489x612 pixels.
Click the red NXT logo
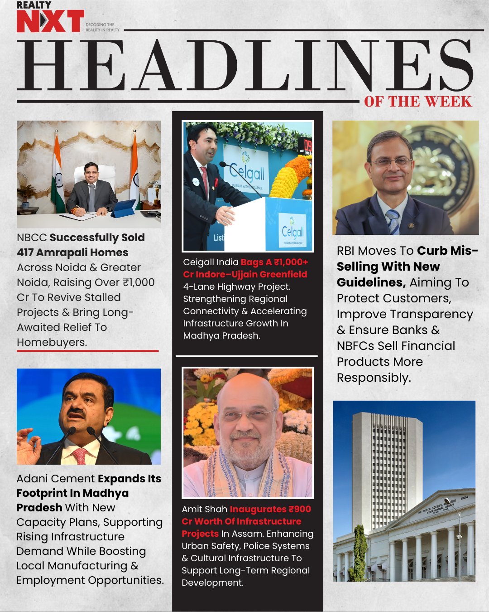coord(50,21)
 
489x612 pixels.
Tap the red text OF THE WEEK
coord(418,102)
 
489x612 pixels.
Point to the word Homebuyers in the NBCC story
coord(52,342)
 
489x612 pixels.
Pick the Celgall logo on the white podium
coord(292,233)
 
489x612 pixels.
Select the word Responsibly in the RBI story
coord(374,378)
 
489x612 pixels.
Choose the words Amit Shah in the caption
coord(204,509)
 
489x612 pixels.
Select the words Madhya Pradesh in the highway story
coord(221,335)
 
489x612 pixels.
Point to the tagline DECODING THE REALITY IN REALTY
coord(103,27)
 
